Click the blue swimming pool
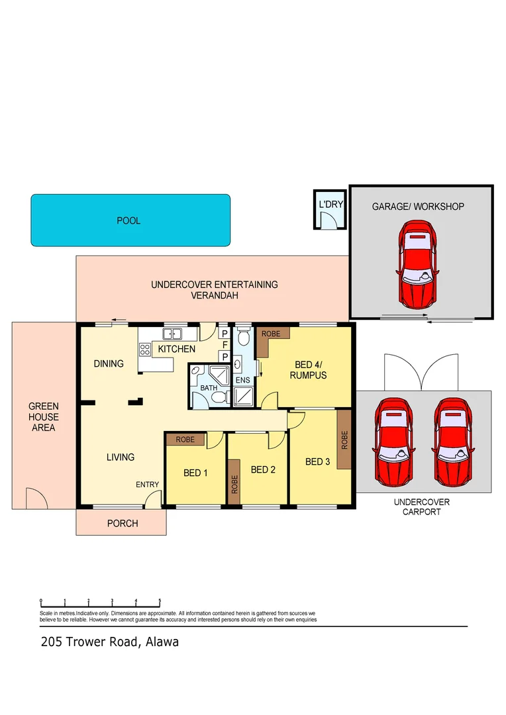pos(130,220)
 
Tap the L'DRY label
pos(330,205)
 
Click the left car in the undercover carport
pos(394,440)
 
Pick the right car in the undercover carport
pos(454,440)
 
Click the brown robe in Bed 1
pos(185,440)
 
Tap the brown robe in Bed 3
pos(344,440)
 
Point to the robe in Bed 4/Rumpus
pos(272,334)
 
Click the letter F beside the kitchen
pos(225,345)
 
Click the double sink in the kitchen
pos(173,334)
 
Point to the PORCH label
pos(123,523)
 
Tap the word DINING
pos(109,363)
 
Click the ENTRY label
pos(147,485)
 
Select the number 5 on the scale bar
pos(160,602)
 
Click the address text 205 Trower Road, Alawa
pos(109,642)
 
